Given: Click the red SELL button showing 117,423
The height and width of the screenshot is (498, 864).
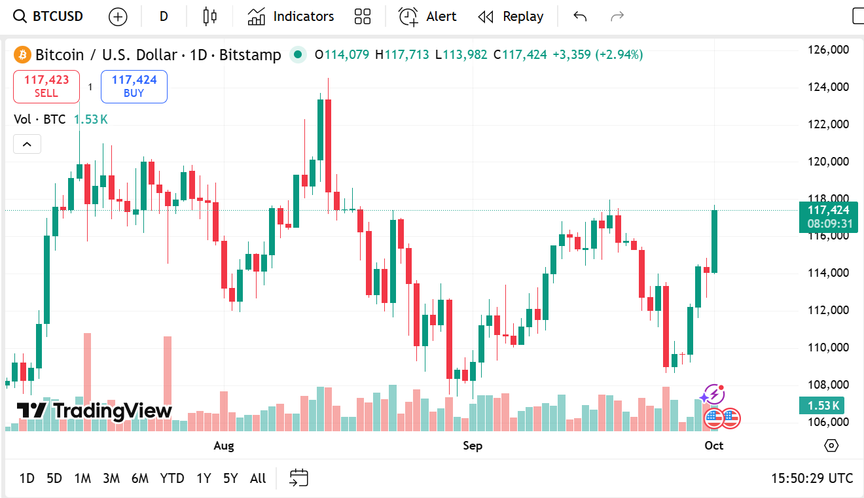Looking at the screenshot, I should pyautogui.click(x=46, y=86).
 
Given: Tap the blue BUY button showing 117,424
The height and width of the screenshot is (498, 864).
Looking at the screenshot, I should pyautogui.click(x=134, y=86).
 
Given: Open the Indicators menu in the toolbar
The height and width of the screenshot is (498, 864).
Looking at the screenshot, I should pyautogui.click(x=291, y=16).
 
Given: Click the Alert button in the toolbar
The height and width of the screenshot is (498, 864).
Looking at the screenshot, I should pyautogui.click(x=427, y=16).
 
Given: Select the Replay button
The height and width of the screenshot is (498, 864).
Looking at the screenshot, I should pyautogui.click(x=511, y=16).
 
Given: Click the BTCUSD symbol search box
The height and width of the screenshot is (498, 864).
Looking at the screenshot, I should pyautogui.click(x=49, y=16).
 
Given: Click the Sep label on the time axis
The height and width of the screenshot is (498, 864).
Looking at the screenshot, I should pyautogui.click(x=473, y=446).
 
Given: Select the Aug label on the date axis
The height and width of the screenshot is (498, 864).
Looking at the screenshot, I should pyautogui.click(x=224, y=446).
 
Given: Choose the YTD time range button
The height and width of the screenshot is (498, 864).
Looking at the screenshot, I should pyautogui.click(x=172, y=478).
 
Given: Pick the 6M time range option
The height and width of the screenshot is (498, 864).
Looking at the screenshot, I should pyautogui.click(x=139, y=478).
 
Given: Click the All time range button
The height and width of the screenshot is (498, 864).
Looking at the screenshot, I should pyautogui.click(x=258, y=478).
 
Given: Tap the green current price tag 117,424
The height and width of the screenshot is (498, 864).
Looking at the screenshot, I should pyautogui.click(x=828, y=211).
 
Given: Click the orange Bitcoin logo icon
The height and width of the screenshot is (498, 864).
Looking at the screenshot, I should pyautogui.click(x=23, y=54).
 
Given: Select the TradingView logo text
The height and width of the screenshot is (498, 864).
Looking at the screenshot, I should pyautogui.click(x=94, y=411).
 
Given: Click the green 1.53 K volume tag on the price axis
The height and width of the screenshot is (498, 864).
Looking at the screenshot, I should pyautogui.click(x=823, y=406).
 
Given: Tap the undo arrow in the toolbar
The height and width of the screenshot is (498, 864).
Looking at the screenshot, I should pyautogui.click(x=579, y=16).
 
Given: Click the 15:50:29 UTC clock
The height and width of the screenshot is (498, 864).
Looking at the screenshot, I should pyautogui.click(x=812, y=478).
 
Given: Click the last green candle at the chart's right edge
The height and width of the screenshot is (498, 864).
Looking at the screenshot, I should pyautogui.click(x=714, y=241).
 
